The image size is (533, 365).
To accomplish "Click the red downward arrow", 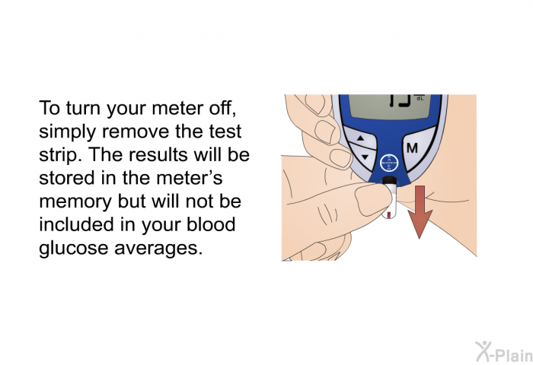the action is (420, 211).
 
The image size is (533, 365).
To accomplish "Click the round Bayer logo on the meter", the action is (388, 163).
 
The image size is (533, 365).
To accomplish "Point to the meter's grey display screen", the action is (390, 106).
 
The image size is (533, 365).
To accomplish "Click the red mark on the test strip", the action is (388, 214).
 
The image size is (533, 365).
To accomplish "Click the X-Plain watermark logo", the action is (503, 352).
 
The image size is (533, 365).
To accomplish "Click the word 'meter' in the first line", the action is (177, 108).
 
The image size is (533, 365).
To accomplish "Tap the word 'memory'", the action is (75, 202).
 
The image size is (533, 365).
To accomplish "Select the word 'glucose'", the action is (73, 248).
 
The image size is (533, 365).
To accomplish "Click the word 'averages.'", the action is (158, 249).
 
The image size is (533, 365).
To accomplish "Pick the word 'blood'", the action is (211, 224).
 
